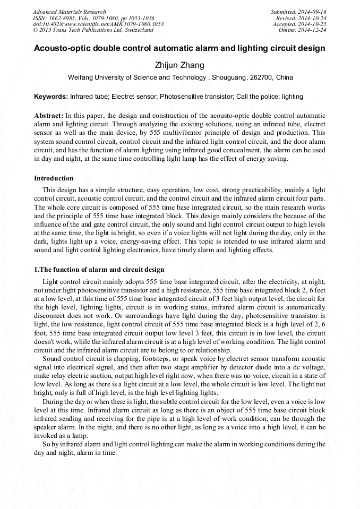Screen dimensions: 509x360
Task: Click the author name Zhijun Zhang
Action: click(179, 65)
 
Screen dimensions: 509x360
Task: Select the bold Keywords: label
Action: click(51, 97)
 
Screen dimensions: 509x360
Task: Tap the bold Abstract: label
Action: click(49, 115)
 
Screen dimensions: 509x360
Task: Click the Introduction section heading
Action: click(54, 178)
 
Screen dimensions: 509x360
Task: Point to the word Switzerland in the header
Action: click(135, 30)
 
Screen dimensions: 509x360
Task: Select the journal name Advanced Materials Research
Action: click(69, 12)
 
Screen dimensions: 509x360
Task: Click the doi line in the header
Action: click(98, 24)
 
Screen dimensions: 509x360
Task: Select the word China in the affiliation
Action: click(284, 77)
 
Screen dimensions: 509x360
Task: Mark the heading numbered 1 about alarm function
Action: click(99, 270)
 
